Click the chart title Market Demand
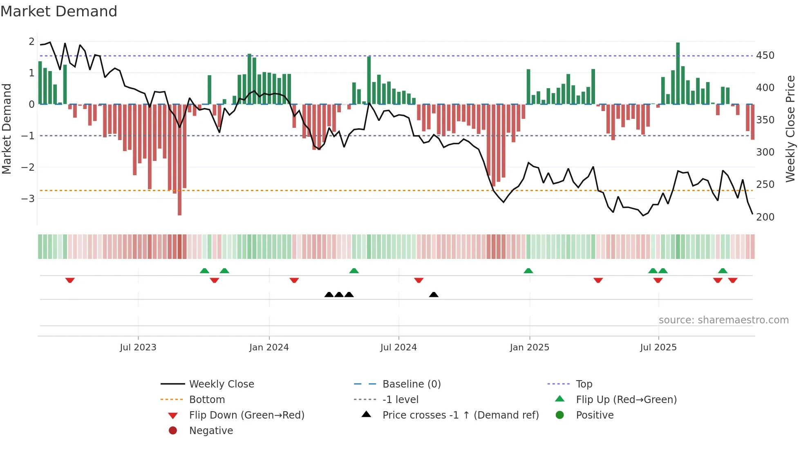tap(59, 11)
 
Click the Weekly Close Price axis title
tap(790, 129)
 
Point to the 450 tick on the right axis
tap(765, 55)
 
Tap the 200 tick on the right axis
tap(765, 217)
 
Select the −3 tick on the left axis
tap(28, 198)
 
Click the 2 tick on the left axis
tap(31, 41)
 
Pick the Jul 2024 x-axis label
tap(398, 347)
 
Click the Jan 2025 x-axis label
tap(529, 347)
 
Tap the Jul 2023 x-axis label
tap(138, 347)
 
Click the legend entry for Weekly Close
tap(221, 384)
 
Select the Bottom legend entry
tap(207, 399)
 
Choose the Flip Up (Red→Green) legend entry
tap(626, 399)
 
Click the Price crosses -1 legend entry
tap(460, 415)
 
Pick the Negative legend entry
tap(211, 430)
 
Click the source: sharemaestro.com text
tap(723, 320)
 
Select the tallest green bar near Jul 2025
tap(678, 74)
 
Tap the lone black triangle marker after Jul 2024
tap(434, 294)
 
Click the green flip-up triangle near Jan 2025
tap(528, 271)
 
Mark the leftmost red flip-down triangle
tap(70, 280)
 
